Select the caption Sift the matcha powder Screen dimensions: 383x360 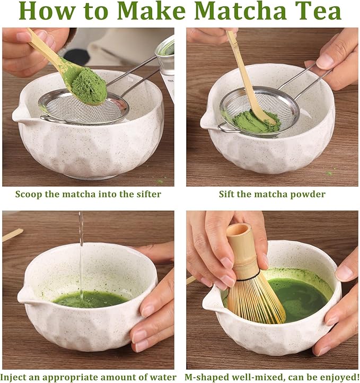coord(272,194)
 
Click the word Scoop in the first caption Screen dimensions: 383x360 coord(28,194)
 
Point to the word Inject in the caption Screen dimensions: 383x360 coord(17,377)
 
